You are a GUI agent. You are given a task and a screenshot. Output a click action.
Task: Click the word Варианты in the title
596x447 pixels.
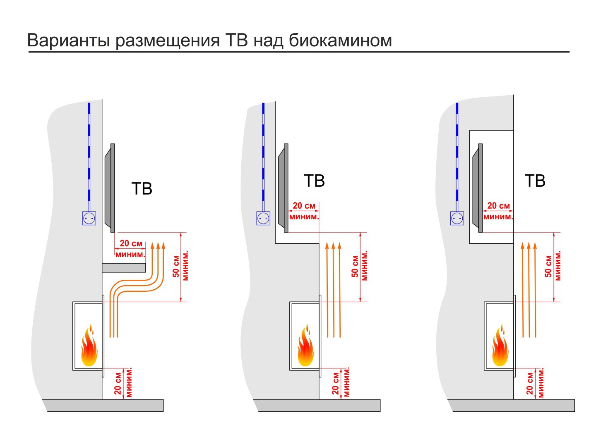pyautogui.click(x=69, y=41)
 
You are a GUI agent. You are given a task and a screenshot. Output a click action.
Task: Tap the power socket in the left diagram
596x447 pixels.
pyautogui.click(x=89, y=218)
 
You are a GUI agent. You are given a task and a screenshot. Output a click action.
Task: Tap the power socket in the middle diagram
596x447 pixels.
pyautogui.click(x=263, y=218)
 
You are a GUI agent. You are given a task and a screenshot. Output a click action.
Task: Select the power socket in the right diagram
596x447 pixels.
pyautogui.click(x=457, y=218)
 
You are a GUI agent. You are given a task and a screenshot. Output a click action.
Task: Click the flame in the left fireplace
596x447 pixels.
pyautogui.click(x=89, y=347)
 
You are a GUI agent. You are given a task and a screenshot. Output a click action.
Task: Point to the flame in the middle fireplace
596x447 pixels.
pyautogui.click(x=305, y=347)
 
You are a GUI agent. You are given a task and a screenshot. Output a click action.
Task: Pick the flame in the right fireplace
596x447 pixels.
pyautogui.click(x=500, y=347)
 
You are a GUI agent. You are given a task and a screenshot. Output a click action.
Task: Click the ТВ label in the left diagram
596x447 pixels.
pyautogui.click(x=142, y=189)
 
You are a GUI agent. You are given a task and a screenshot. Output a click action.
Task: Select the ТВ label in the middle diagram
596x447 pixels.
pyautogui.click(x=314, y=181)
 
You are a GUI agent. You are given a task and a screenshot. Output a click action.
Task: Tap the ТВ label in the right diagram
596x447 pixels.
pyautogui.click(x=535, y=181)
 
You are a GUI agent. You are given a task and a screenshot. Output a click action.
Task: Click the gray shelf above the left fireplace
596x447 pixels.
pyautogui.click(x=124, y=267)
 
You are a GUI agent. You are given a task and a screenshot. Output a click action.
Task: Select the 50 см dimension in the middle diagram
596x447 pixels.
pyautogui.click(x=355, y=267)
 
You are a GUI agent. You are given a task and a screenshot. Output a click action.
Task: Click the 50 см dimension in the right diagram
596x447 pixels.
pyautogui.click(x=549, y=267)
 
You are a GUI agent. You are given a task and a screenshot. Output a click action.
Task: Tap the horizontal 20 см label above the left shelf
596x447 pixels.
pyautogui.click(x=131, y=244)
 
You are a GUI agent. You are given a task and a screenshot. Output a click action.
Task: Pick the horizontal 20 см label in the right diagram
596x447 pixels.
pyautogui.click(x=498, y=206)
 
